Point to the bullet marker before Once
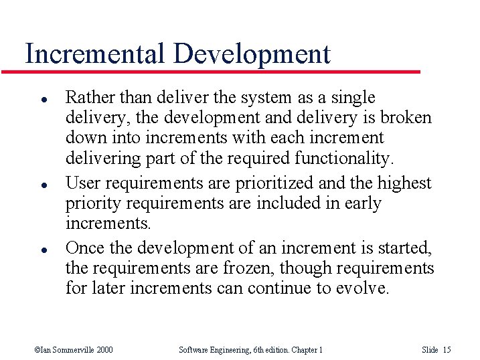point(42,248)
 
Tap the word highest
point(404,183)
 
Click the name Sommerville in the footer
point(74,350)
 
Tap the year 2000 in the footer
point(104,350)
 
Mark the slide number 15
point(447,350)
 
